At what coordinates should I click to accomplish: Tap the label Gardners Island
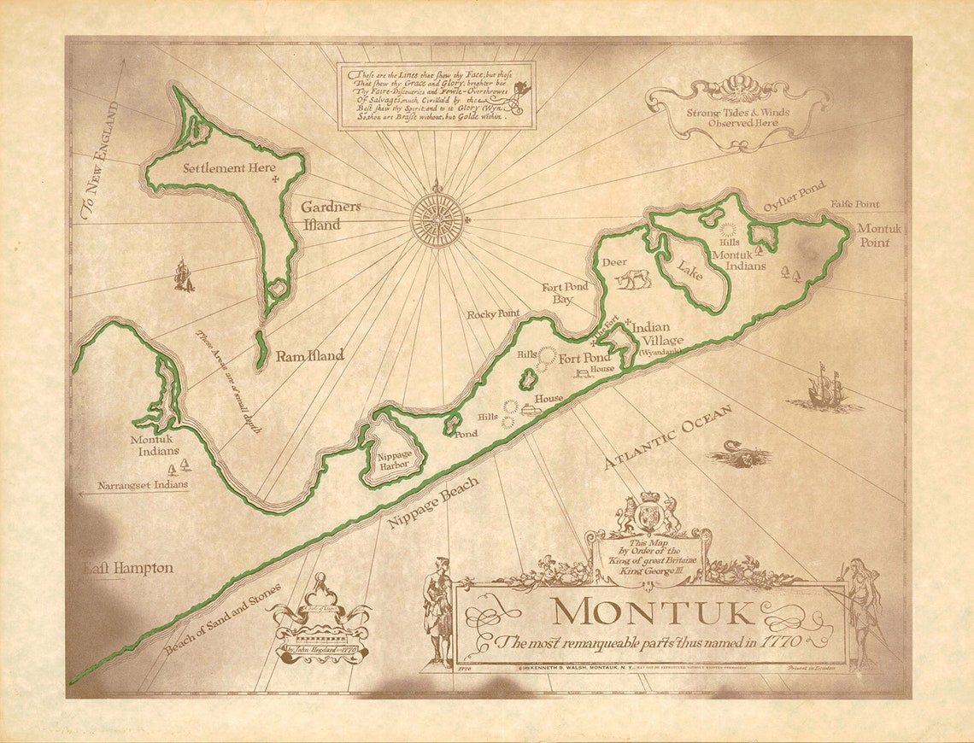pos(330,215)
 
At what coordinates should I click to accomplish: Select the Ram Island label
pos(309,355)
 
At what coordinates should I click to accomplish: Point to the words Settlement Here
pos(229,168)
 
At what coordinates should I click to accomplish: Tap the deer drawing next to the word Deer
pos(635,278)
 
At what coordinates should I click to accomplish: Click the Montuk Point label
pos(879,236)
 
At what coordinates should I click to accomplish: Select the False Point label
pos(854,205)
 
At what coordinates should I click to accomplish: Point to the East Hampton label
pos(128,568)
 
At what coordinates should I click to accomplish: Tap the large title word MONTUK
pos(653,613)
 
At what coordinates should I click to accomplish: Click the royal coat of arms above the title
pos(649,514)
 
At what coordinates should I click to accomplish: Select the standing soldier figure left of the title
pos(437,611)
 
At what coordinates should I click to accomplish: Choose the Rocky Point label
pos(493,314)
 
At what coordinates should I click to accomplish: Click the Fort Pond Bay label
pos(565,293)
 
